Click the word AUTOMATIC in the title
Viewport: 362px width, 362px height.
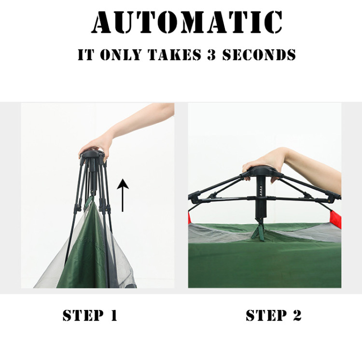(x=186, y=22)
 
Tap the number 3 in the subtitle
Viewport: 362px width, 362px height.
(x=211, y=55)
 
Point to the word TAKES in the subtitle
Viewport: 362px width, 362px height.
(x=174, y=55)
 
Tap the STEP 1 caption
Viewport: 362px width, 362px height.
(x=90, y=316)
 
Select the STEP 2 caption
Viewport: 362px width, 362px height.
(x=273, y=316)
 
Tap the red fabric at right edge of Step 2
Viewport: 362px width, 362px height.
(x=336, y=220)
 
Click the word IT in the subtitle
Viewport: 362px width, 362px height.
(x=85, y=55)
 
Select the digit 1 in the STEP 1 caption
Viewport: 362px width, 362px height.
(x=113, y=316)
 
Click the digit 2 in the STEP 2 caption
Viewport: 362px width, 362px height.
(x=296, y=316)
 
